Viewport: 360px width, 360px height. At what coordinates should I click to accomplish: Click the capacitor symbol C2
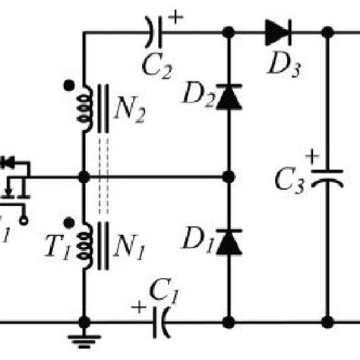(x=154, y=33)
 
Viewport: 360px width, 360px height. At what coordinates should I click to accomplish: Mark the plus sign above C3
(x=312, y=157)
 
